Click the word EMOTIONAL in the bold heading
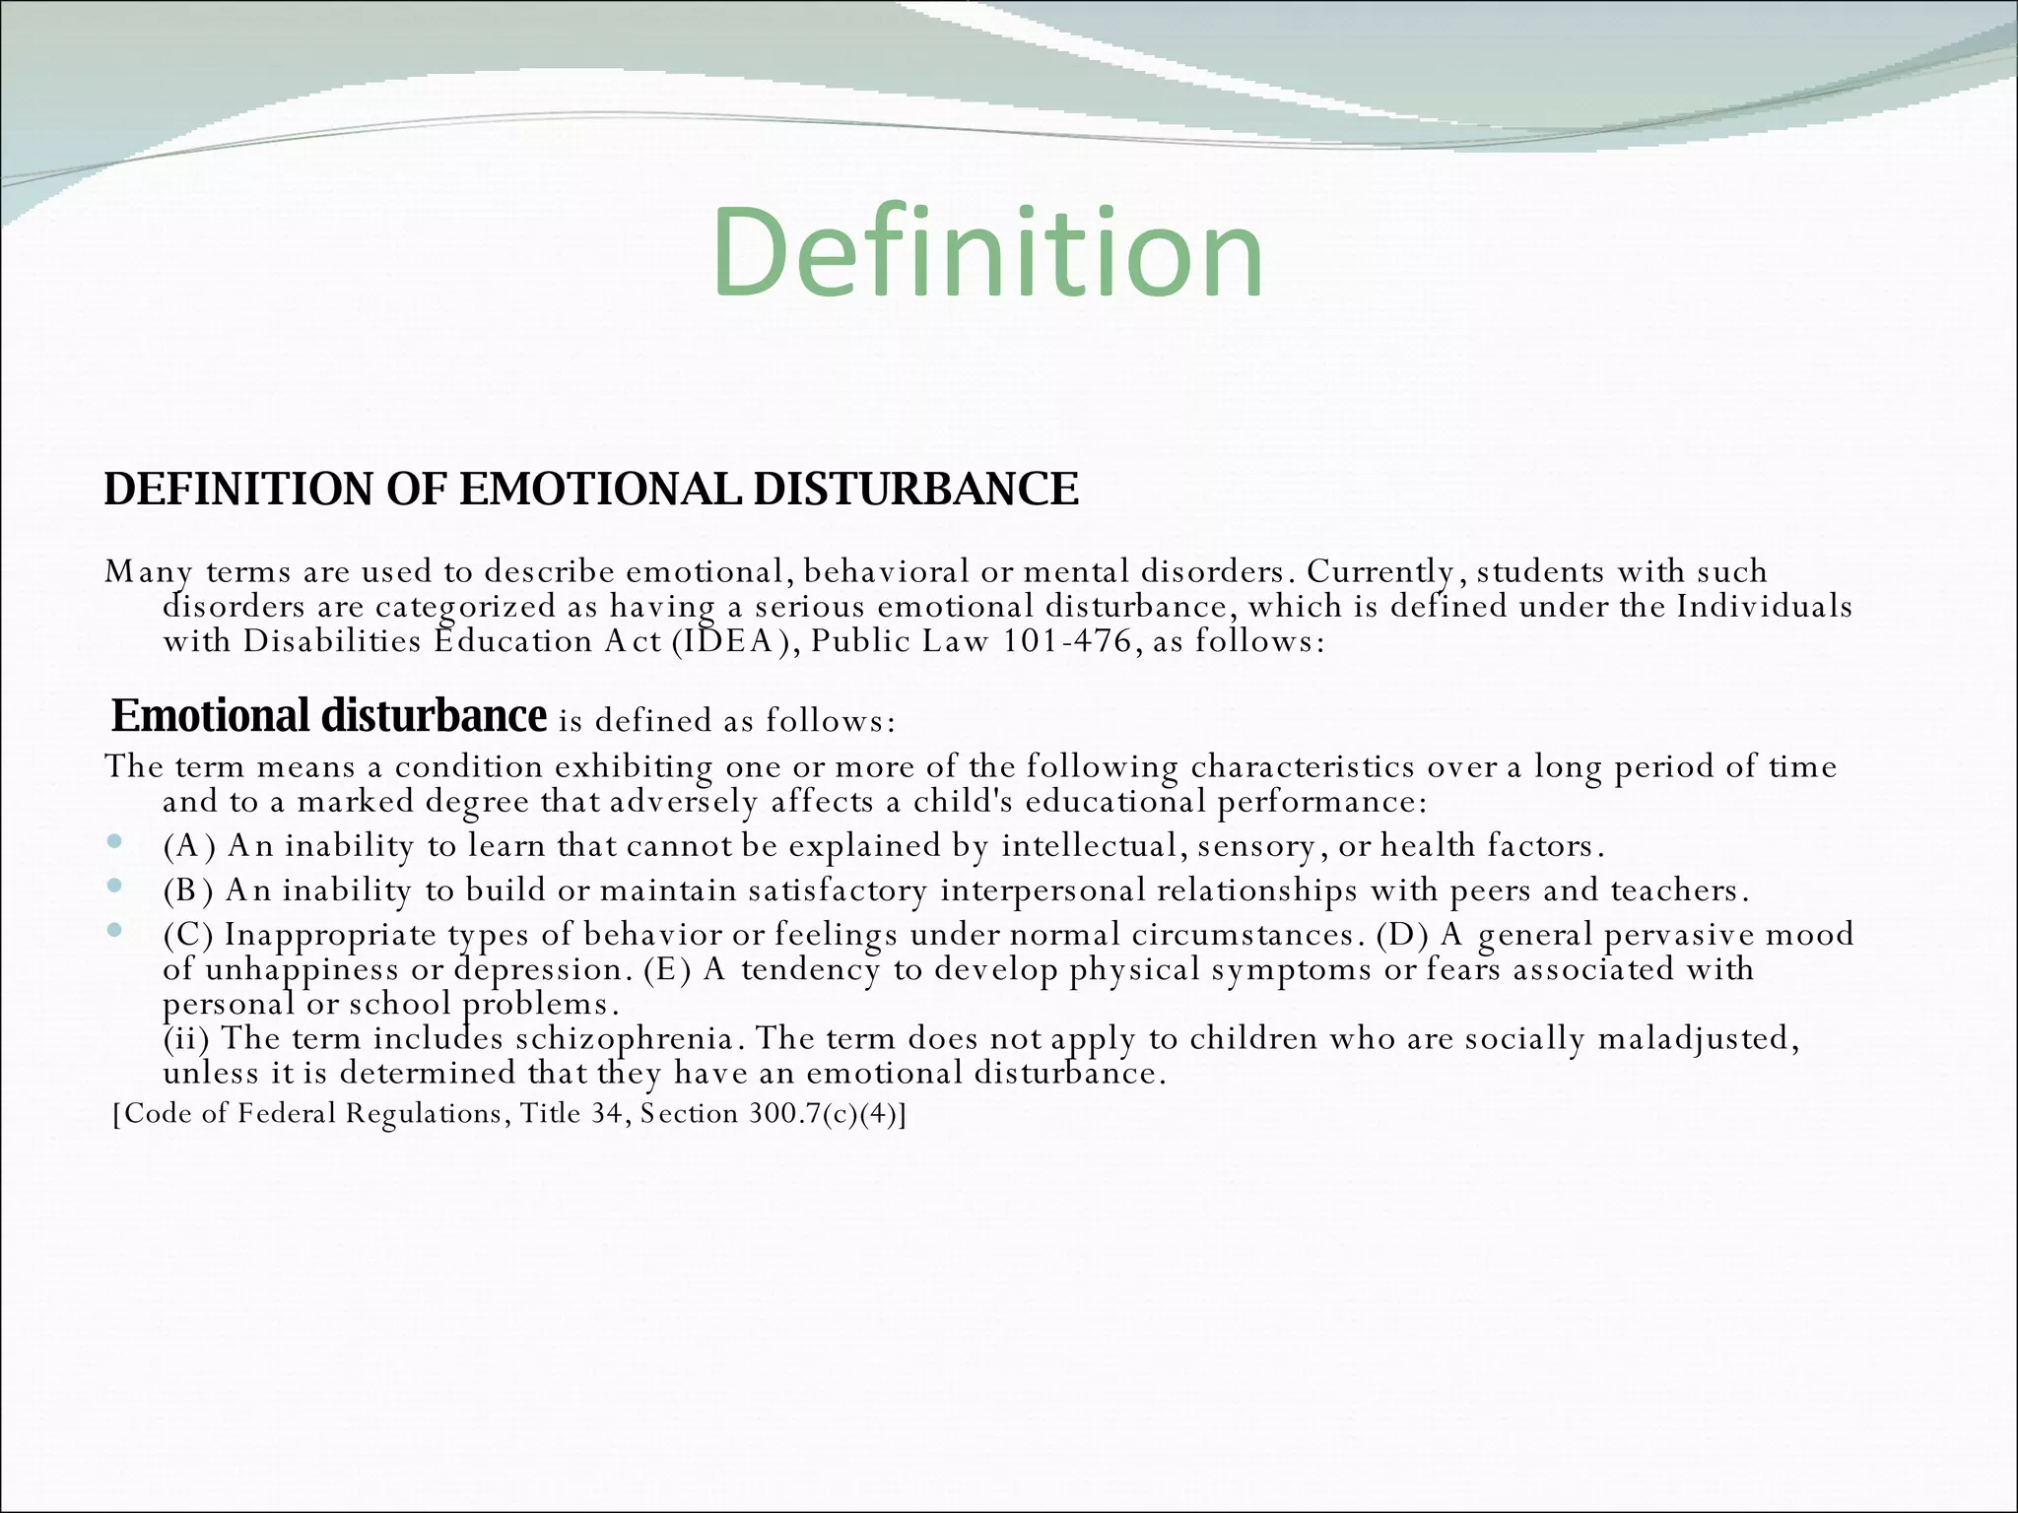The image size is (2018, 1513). [x=599, y=490]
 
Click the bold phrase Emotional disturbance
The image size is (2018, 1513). [x=328, y=715]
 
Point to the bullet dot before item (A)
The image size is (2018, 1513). [x=115, y=842]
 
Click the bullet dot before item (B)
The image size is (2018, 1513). [x=115, y=887]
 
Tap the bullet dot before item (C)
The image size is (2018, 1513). [x=115, y=930]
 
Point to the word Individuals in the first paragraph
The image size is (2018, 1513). [x=1765, y=606]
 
